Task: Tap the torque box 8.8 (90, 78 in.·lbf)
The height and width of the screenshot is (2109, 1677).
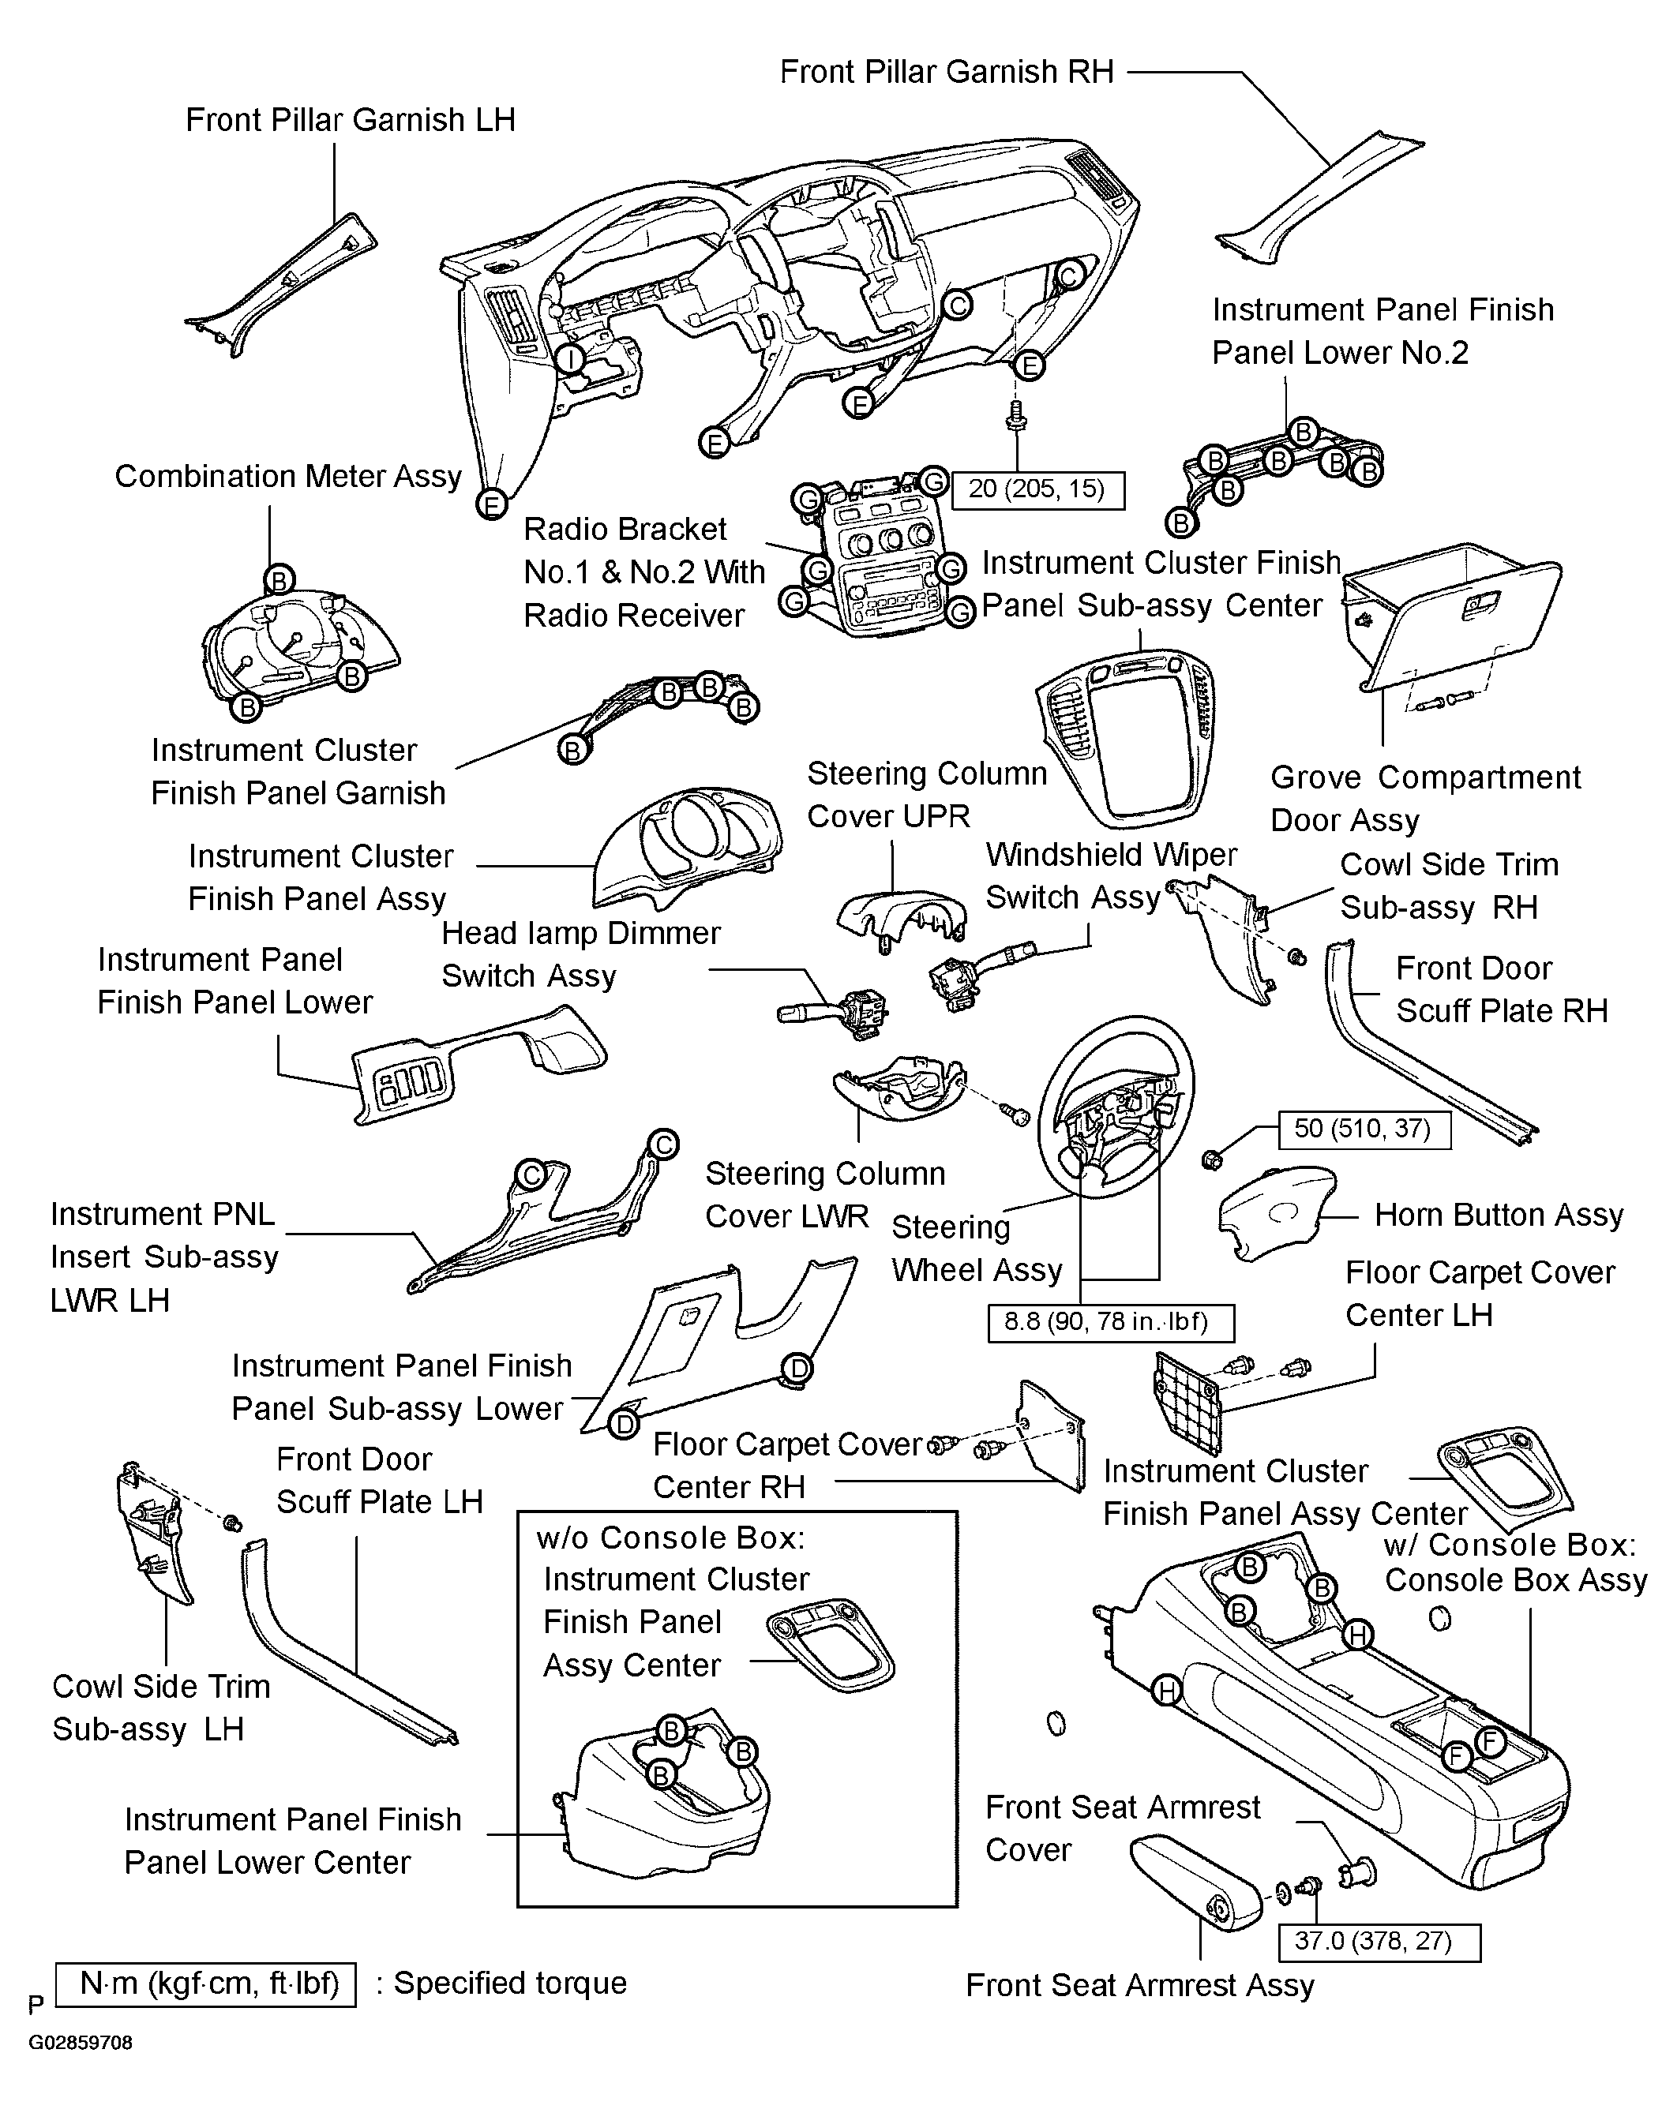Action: pyautogui.click(x=1110, y=1323)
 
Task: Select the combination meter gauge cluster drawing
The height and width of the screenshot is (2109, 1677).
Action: pyautogui.click(x=300, y=647)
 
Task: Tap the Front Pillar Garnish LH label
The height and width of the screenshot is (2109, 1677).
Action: pyautogui.click(x=351, y=120)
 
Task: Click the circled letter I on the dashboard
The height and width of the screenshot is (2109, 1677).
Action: pyautogui.click(x=568, y=359)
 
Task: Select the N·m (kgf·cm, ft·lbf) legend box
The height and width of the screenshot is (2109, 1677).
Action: pyautogui.click(x=205, y=1984)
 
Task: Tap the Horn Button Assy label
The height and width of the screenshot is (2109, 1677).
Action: pyautogui.click(x=1499, y=1216)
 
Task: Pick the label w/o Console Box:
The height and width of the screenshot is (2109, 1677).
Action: pyautogui.click(x=670, y=1538)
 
